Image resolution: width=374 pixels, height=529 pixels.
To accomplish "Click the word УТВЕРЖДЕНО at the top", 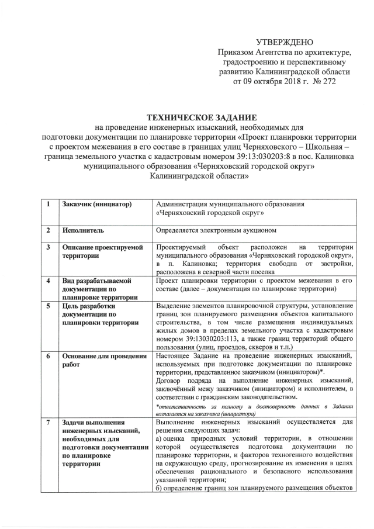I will (285, 42).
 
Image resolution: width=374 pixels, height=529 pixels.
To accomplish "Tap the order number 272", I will (327, 81).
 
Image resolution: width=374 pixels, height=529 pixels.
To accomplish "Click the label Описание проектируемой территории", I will (102, 252).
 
